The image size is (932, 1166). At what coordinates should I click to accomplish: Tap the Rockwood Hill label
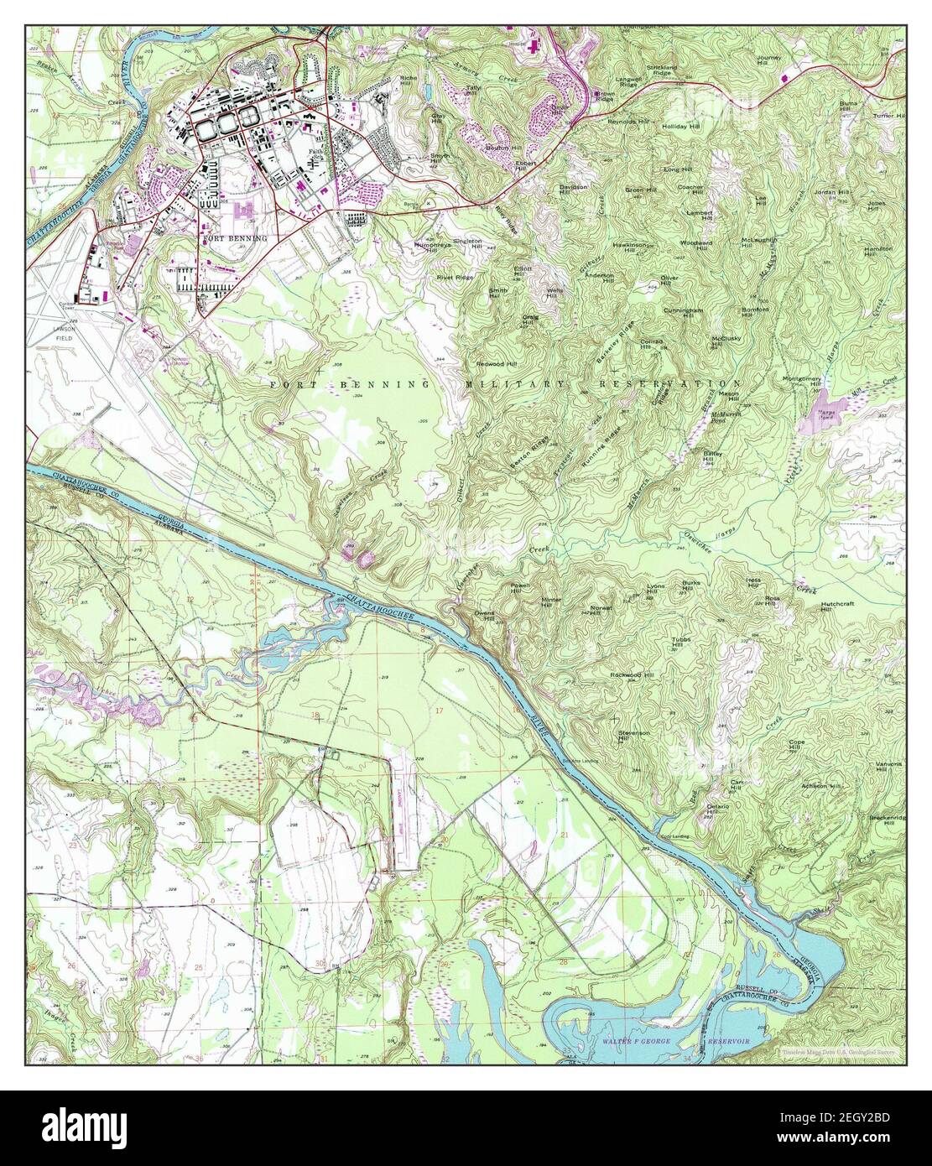point(631,674)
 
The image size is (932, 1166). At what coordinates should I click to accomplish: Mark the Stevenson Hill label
point(634,736)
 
